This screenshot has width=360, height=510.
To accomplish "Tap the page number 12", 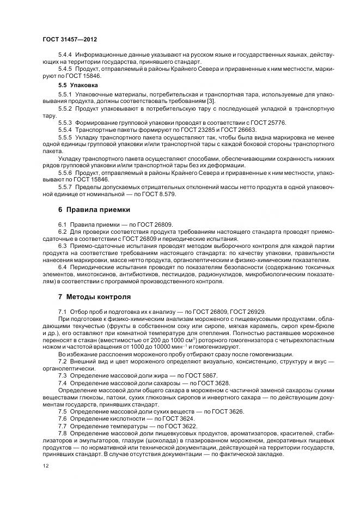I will [x=46, y=466].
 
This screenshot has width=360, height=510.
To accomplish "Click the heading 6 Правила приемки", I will [x=93, y=210].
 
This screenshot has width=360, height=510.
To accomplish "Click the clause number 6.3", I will [x=63, y=245].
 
